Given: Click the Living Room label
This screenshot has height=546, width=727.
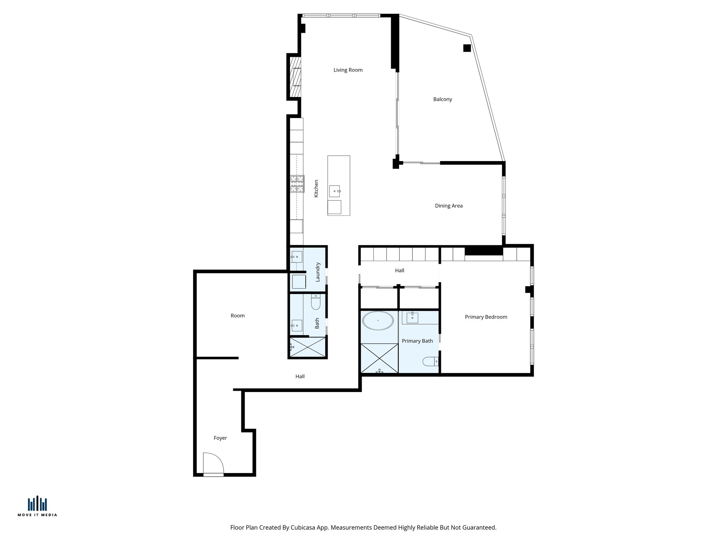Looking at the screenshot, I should (x=348, y=70).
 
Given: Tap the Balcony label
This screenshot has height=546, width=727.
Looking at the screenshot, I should (x=442, y=99).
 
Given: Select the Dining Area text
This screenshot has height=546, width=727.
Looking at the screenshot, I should (x=449, y=206).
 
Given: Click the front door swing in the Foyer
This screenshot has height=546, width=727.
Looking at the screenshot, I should (x=213, y=464).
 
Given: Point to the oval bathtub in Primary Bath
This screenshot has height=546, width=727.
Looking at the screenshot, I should (x=378, y=321).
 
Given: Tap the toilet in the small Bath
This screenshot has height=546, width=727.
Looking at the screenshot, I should (x=316, y=302).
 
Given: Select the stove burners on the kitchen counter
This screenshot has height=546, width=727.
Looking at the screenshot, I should (x=297, y=184).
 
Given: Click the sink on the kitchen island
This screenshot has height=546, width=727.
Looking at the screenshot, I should (x=334, y=191).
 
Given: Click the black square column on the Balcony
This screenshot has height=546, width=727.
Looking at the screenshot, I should (x=467, y=48).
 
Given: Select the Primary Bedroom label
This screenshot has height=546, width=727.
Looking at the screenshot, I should (x=486, y=317).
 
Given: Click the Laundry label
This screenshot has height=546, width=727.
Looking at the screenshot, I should (x=318, y=272).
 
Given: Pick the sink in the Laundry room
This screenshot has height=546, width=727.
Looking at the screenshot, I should (x=296, y=257).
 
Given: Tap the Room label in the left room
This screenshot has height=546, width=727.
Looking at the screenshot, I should (x=237, y=316).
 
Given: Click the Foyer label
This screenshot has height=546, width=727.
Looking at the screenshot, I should (x=220, y=438).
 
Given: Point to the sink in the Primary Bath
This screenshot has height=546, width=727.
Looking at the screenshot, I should (x=412, y=317).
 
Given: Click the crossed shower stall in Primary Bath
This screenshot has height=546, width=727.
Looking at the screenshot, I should (x=379, y=358).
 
